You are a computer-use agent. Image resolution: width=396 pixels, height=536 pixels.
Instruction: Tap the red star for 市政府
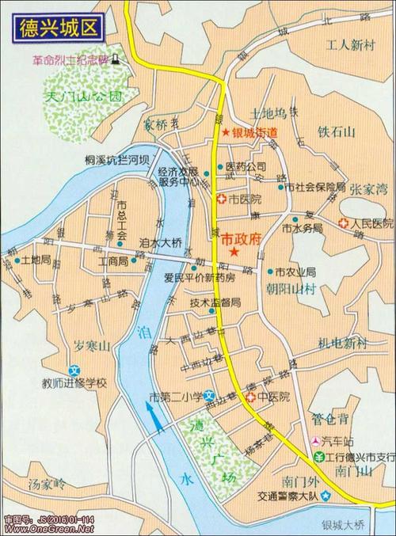(x=234, y=251)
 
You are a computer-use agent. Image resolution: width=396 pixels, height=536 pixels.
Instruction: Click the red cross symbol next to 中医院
(x=250, y=397)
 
